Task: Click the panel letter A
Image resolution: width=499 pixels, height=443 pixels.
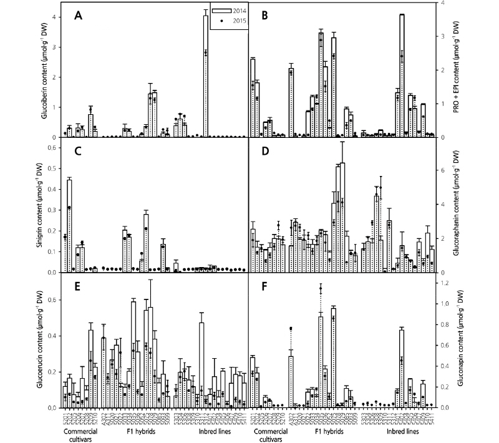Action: click(x=79, y=16)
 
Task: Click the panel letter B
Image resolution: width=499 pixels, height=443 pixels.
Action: click(x=266, y=16)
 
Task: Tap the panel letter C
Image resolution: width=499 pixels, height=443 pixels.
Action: click(x=79, y=152)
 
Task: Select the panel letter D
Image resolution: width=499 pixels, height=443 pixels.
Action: click(x=266, y=152)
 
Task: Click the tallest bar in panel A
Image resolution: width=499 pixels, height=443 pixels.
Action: click(x=205, y=75)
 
